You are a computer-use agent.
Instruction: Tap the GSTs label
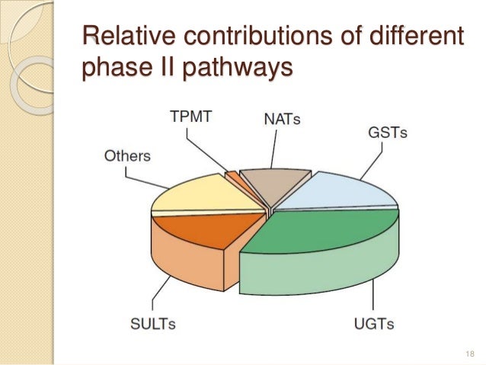(x=388, y=132)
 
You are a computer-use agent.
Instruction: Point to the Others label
(x=127, y=155)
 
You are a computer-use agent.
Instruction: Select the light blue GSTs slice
(x=343, y=189)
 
